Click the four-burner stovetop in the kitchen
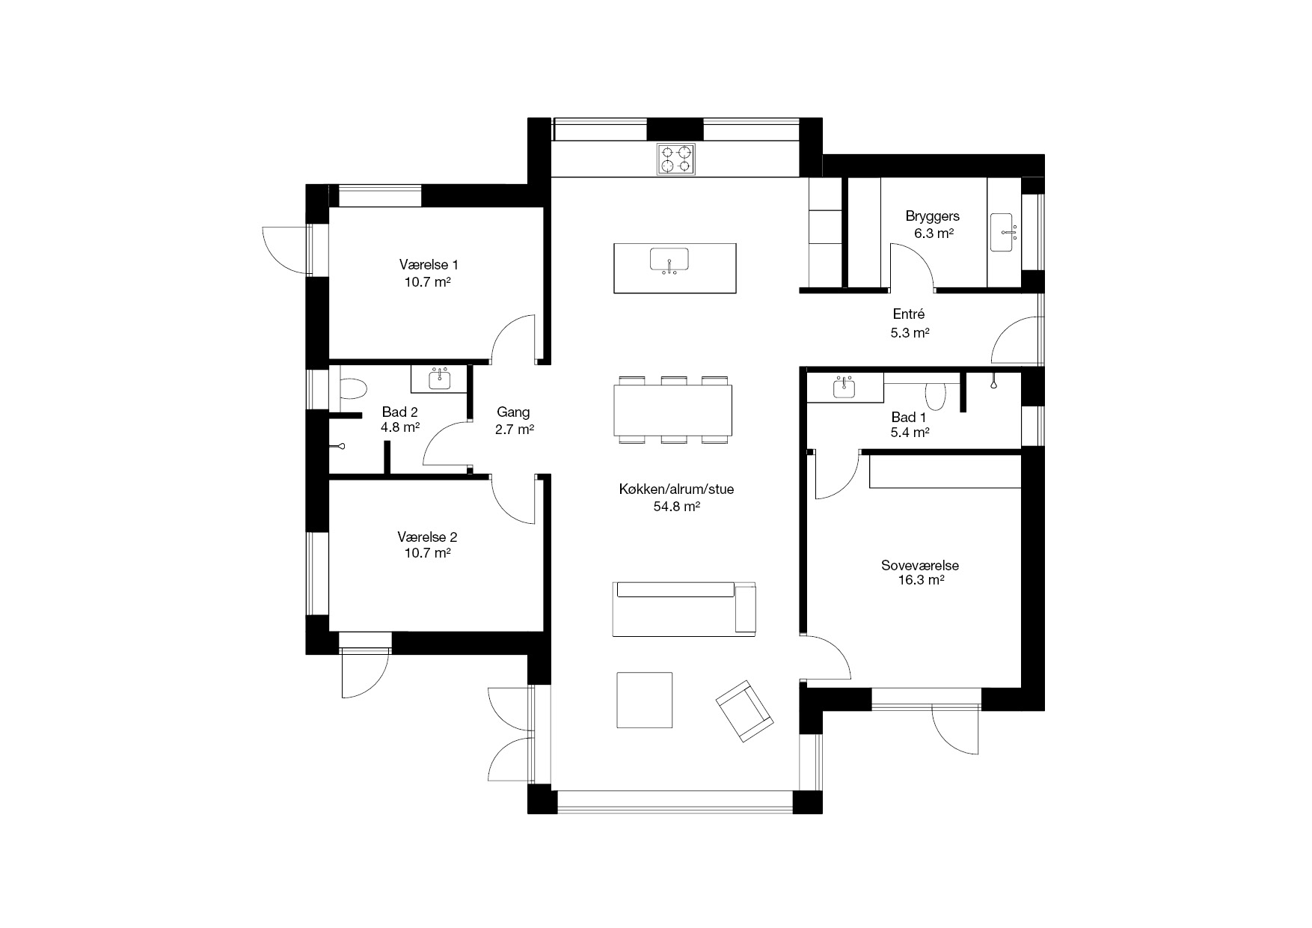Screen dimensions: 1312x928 coord(676,159)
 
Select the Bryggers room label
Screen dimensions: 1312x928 coord(932,216)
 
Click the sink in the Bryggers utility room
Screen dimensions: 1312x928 coord(1003,231)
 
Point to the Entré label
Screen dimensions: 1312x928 coord(909,314)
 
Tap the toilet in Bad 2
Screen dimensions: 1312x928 coord(352,388)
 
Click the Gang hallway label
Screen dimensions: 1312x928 coord(513,412)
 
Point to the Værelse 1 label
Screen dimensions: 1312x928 coord(429,264)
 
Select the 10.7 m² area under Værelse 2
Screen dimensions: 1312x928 coord(427,553)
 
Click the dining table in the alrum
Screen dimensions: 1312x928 coord(672,409)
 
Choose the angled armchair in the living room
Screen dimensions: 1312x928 coord(744,711)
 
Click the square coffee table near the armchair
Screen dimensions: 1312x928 coord(645,700)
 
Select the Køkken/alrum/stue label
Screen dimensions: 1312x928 coord(676,489)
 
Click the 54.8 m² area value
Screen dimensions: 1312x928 coord(676,507)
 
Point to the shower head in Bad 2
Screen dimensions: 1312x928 coord(339,447)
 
